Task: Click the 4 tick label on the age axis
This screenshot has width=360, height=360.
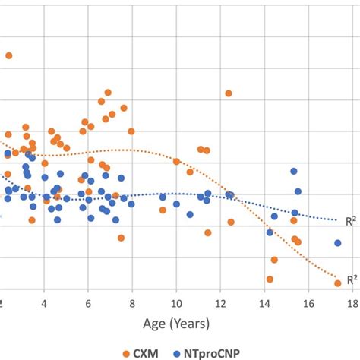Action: coord(44,301)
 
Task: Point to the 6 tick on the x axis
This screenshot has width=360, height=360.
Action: coord(88,301)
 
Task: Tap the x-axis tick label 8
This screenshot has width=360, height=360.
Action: coord(132,301)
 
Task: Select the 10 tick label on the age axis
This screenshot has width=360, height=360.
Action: coord(176,301)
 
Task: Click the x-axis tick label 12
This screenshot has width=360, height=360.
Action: coord(220,301)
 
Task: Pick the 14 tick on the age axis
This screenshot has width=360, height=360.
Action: coord(264,301)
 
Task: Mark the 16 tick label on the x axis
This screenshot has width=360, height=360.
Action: coord(308,301)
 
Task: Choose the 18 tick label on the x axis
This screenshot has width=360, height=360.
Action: coord(352,301)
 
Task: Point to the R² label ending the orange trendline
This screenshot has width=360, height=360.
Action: coord(352,279)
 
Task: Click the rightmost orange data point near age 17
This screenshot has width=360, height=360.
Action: coord(337,283)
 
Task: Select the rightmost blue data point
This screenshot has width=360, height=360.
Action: coord(337,243)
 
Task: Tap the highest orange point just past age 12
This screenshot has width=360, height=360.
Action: coord(228,93)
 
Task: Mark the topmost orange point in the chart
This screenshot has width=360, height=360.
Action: coord(9,55)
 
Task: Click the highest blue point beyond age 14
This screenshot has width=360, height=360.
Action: coord(293,172)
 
